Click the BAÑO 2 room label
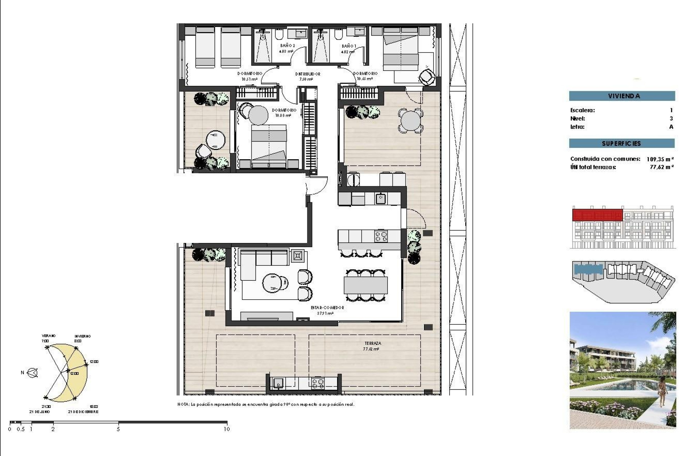[x=287, y=46]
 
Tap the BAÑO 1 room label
[x=348, y=46]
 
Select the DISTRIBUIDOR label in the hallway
[x=307, y=74]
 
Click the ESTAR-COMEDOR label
[x=327, y=307]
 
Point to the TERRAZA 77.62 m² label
[x=372, y=346]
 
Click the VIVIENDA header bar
[x=622, y=96]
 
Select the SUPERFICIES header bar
[x=622, y=144]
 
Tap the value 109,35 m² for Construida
[x=660, y=159]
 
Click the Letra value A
[x=671, y=127]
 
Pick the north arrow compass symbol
[x=33, y=373]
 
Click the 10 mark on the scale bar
[x=227, y=429]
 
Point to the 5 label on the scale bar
[x=118, y=429]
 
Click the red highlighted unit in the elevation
[x=597, y=215]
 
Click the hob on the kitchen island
[x=381, y=236]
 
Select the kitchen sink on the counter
[x=381, y=198]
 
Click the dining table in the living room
[x=366, y=285]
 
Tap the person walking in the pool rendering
[x=662, y=392]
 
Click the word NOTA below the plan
[x=183, y=404]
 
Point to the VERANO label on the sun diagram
[x=48, y=336]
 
